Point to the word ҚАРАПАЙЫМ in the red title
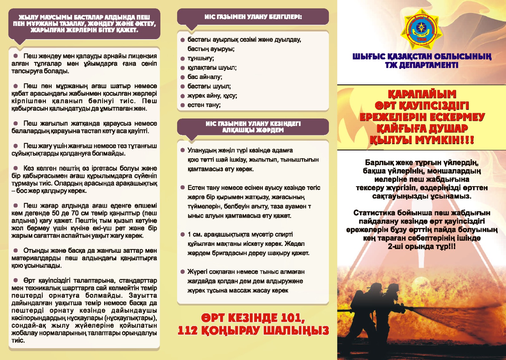tap(422, 94)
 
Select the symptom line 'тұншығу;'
tap(201, 58)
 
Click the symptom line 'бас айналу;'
tap(205, 77)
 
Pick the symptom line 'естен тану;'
tap(204, 105)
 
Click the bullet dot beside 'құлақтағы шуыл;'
tap(182, 68)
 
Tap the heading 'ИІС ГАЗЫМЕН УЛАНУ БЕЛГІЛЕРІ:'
tap(253, 17)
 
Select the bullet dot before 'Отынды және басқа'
tap(15, 251)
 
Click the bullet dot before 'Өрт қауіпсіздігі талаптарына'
tap(15, 280)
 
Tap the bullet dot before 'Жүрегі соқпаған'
tap(182, 272)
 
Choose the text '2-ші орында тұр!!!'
tap(422, 247)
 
